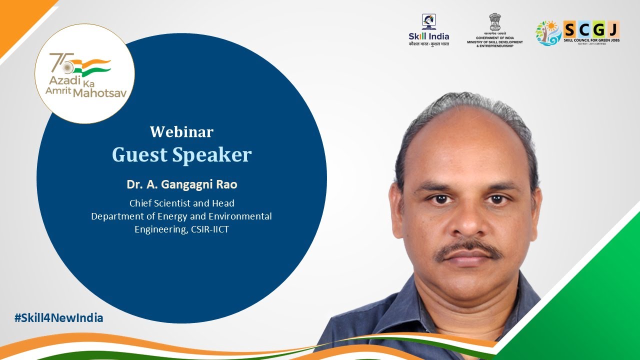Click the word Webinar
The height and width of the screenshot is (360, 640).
coord(181,132)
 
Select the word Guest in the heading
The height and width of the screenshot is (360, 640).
coord(139,155)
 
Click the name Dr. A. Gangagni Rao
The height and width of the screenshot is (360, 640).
coord(181,184)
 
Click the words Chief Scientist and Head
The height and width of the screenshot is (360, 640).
coord(181,203)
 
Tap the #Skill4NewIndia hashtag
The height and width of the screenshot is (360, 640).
coord(59,317)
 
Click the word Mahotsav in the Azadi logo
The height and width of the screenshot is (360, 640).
coord(102,92)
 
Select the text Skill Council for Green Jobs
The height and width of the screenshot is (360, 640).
coord(591,39)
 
